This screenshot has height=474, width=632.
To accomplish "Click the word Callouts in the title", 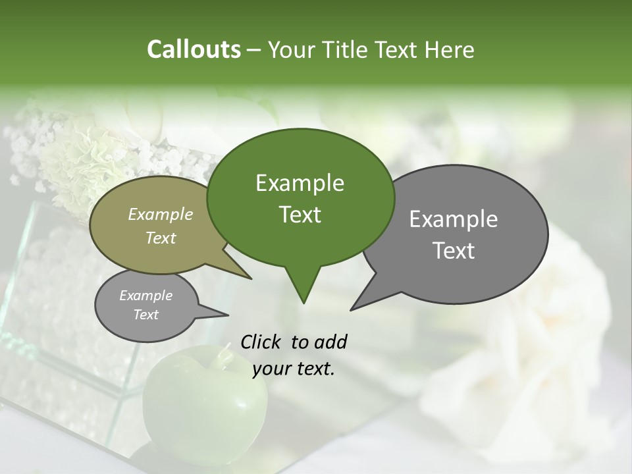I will [194, 49].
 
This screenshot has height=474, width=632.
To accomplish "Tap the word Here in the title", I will [450, 50].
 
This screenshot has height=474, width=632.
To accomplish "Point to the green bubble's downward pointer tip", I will [303, 303].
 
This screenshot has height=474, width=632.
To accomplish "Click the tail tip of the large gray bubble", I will [350, 310].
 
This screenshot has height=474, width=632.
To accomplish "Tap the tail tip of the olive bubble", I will [251, 278].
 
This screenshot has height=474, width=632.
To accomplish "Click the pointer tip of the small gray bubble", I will [228, 315].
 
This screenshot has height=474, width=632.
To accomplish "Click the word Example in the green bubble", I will [300, 183].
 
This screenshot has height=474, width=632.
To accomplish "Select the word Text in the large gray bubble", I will [454, 251].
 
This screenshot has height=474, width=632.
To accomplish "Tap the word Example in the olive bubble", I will [160, 214].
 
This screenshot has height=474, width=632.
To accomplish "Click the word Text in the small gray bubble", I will [145, 315].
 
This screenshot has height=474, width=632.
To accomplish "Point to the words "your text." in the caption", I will [294, 369].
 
